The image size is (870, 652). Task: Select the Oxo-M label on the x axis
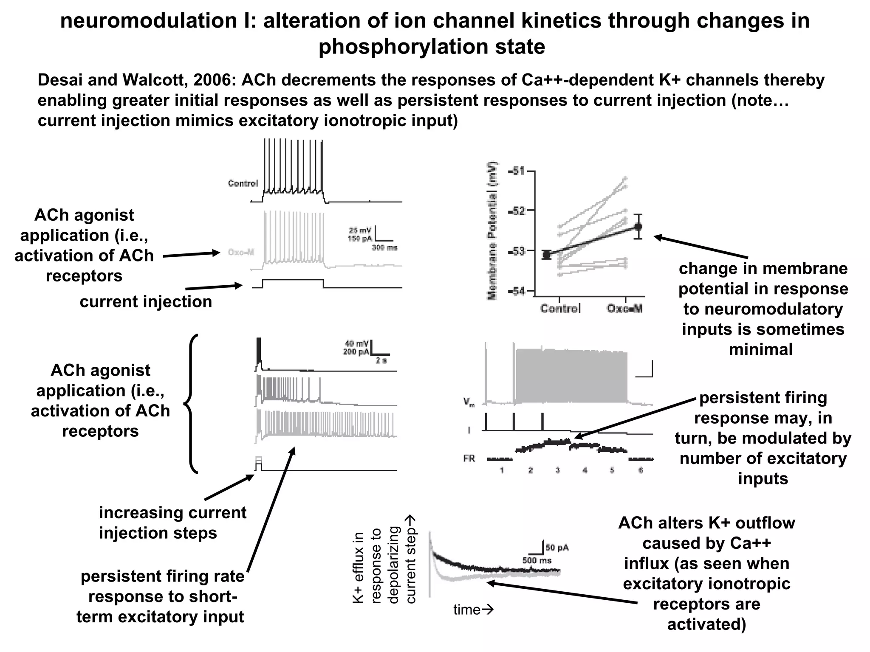(x=624, y=309)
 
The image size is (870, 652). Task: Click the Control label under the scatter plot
(x=560, y=309)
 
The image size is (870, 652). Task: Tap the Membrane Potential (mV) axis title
(x=493, y=231)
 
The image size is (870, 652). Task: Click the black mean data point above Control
(x=547, y=255)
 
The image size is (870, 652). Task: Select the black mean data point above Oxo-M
(x=638, y=226)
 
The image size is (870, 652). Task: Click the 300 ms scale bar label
(x=384, y=248)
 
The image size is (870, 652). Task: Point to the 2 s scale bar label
(x=381, y=360)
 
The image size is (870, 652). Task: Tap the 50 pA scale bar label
(x=557, y=548)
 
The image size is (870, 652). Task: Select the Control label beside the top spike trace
(x=243, y=183)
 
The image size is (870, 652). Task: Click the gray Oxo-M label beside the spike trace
(x=241, y=253)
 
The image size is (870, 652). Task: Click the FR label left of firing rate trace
(x=469, y=459)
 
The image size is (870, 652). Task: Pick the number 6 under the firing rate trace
(x=641, y=470)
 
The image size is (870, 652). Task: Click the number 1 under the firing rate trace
(x=502, y=470)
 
